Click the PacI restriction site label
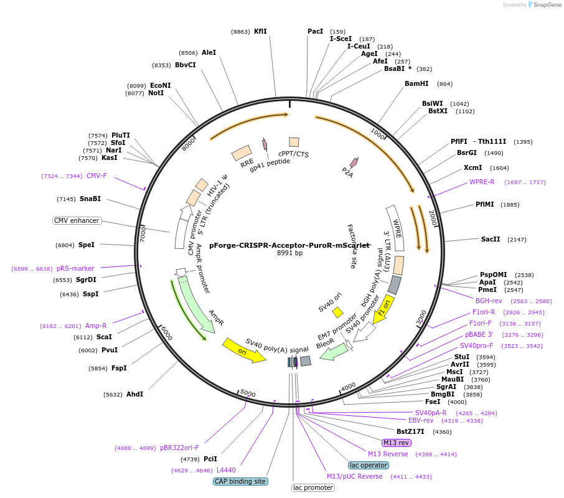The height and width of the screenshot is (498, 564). click(315, 31)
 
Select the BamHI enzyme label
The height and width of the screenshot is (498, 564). click(416, 83)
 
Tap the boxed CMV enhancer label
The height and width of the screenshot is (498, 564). click(77, 220)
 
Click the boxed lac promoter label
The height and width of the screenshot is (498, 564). click(313, 487)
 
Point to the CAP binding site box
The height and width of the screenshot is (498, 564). click(240, 481)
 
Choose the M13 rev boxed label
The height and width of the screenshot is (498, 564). click(397, 443)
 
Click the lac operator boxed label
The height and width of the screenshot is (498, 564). click(369, 465)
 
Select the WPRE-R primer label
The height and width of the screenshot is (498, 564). click(482, 182)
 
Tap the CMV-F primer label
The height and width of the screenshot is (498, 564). click(96, 176)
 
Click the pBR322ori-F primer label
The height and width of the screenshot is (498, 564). click(179, 448)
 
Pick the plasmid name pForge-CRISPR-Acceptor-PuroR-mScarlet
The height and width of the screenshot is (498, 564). click(289, 245)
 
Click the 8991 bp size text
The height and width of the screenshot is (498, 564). click(289, 253)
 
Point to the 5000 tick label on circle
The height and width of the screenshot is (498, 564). click(248, 393)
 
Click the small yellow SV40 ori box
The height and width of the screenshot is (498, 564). click(337, 312)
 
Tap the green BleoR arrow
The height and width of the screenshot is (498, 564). click(334, 351)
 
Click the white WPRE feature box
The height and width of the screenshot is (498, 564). click(395, 228)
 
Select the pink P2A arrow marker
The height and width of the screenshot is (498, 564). click(354, 162)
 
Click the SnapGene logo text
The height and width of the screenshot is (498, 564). click(547, 5)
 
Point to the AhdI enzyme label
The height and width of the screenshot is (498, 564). click(134, 394)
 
